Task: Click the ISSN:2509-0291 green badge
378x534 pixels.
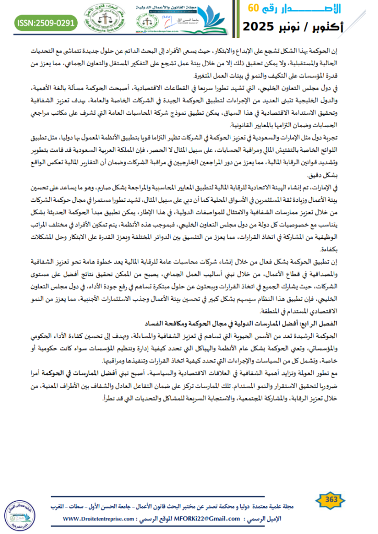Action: tap(45, 23)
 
